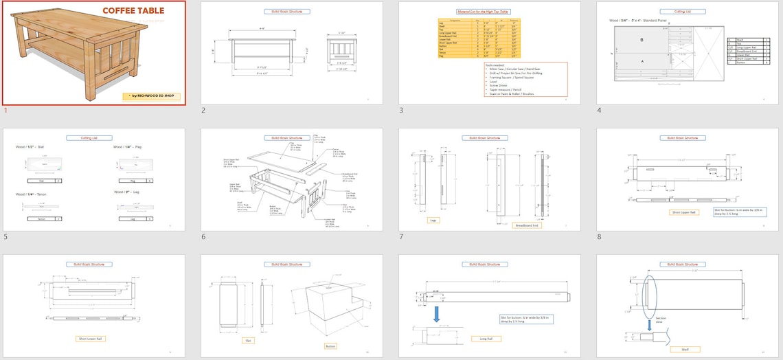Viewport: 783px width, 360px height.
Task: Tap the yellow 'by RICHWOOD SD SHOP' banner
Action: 152,96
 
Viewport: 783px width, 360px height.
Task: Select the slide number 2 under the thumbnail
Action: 203,111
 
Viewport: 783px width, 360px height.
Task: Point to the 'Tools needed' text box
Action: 525,79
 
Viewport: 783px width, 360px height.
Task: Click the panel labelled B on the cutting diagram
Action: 642,40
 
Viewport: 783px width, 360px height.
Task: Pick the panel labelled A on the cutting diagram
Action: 642,60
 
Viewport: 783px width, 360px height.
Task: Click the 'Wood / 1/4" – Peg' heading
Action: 127,147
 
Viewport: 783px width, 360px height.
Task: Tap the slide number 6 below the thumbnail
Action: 203,237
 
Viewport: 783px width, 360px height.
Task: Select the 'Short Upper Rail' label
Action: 683,213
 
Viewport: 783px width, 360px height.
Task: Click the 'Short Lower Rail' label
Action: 90,339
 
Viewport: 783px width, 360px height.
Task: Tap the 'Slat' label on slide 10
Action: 247,339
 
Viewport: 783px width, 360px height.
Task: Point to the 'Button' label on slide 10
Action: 331,346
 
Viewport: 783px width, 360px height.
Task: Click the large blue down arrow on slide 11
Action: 437,313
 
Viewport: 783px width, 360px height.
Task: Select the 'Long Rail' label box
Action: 486,339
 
